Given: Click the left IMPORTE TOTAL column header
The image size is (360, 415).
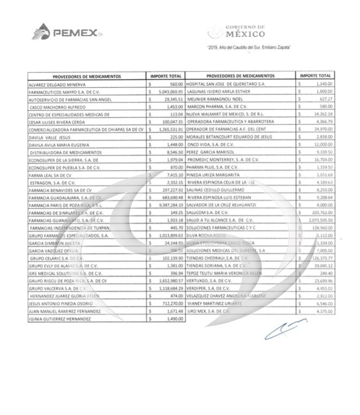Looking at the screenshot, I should tap(166, 77).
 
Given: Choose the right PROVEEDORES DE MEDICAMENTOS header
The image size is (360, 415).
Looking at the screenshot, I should tap(240, 77).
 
